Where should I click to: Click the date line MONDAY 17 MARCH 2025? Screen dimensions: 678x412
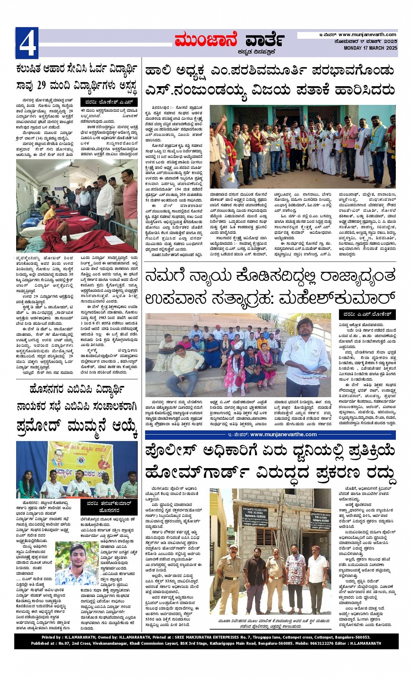[370, 48]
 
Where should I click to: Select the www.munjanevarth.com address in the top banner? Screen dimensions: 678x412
[367, 35]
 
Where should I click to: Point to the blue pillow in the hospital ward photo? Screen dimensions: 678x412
[30, 223]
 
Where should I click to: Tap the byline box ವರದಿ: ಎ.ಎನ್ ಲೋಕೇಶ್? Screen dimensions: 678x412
[367, 314]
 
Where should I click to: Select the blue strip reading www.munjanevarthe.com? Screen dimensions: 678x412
[270, 434]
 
